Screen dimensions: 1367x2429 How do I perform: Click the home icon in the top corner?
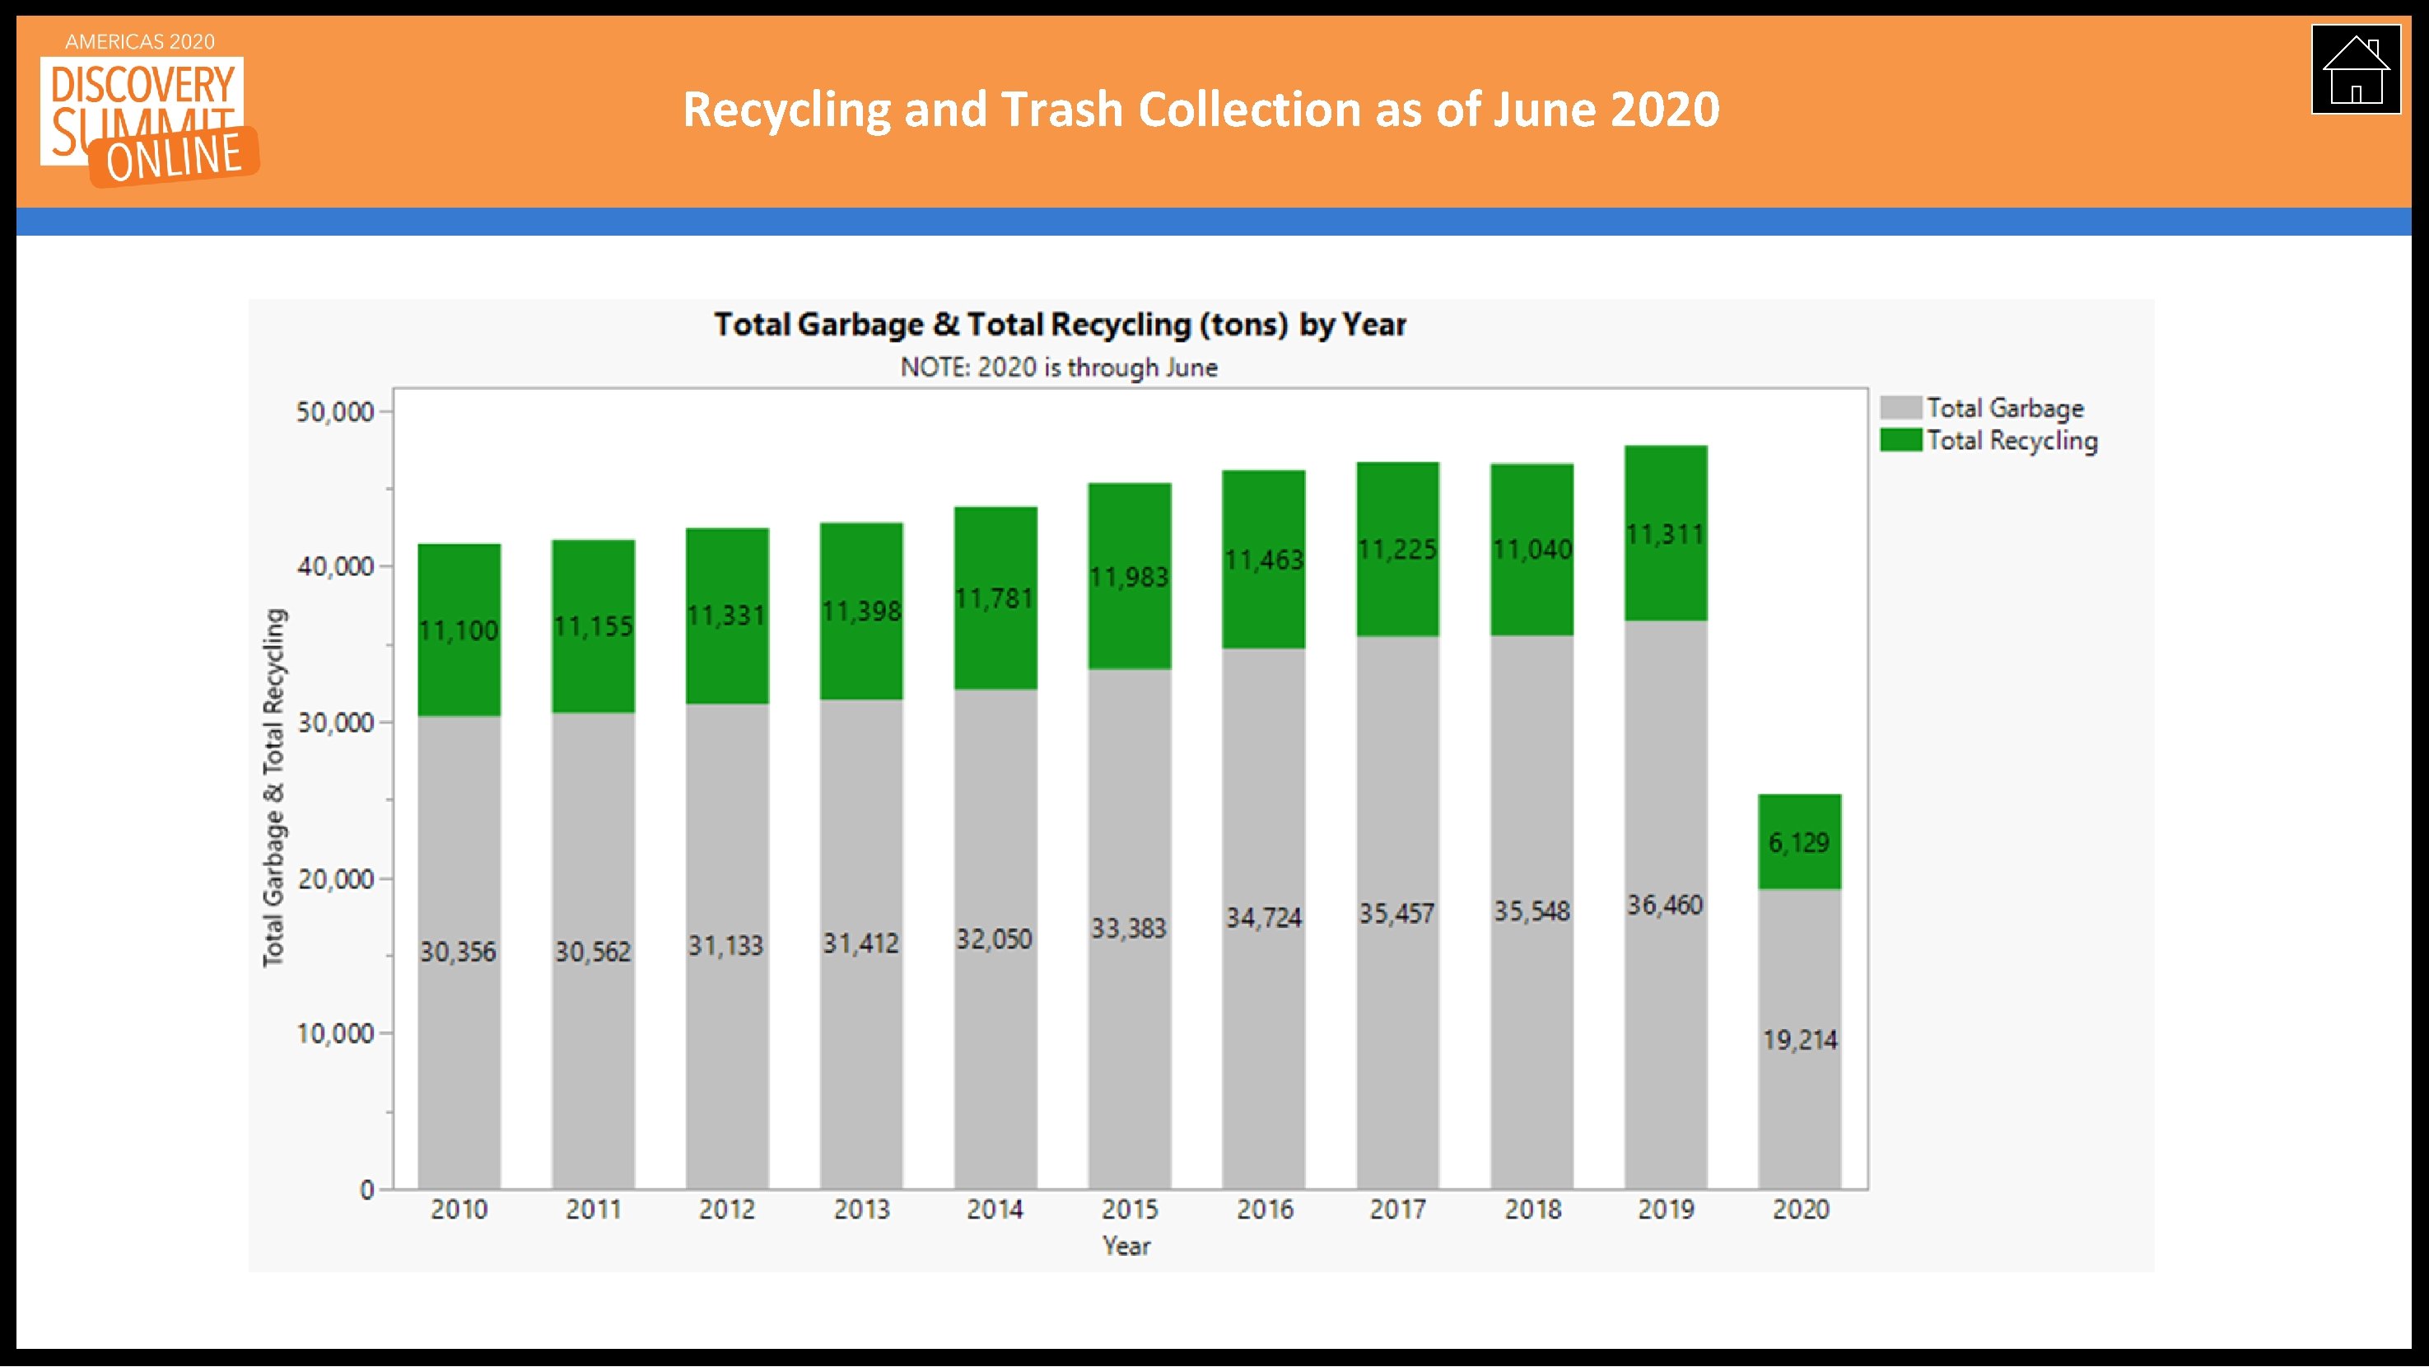[x=2355, y=70]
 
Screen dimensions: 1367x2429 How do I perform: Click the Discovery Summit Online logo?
[x=147, y=115]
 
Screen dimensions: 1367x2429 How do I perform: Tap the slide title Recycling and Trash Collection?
[x=1201, y=110]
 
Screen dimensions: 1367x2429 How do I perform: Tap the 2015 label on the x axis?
[x=1129, y=1210]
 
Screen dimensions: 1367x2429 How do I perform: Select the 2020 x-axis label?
[x=1799, y=1210]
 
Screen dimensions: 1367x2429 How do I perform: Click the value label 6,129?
[x=1798, y=842]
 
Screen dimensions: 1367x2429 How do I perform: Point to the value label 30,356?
[x=459, y=952]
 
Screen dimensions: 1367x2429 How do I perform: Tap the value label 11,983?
[x=1129, y=578]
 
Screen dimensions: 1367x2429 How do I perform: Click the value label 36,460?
[x=1664, y=906]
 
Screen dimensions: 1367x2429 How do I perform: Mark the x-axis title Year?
[x=1126, y=1246]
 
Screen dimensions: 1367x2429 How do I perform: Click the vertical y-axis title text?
[x=273, y=788]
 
